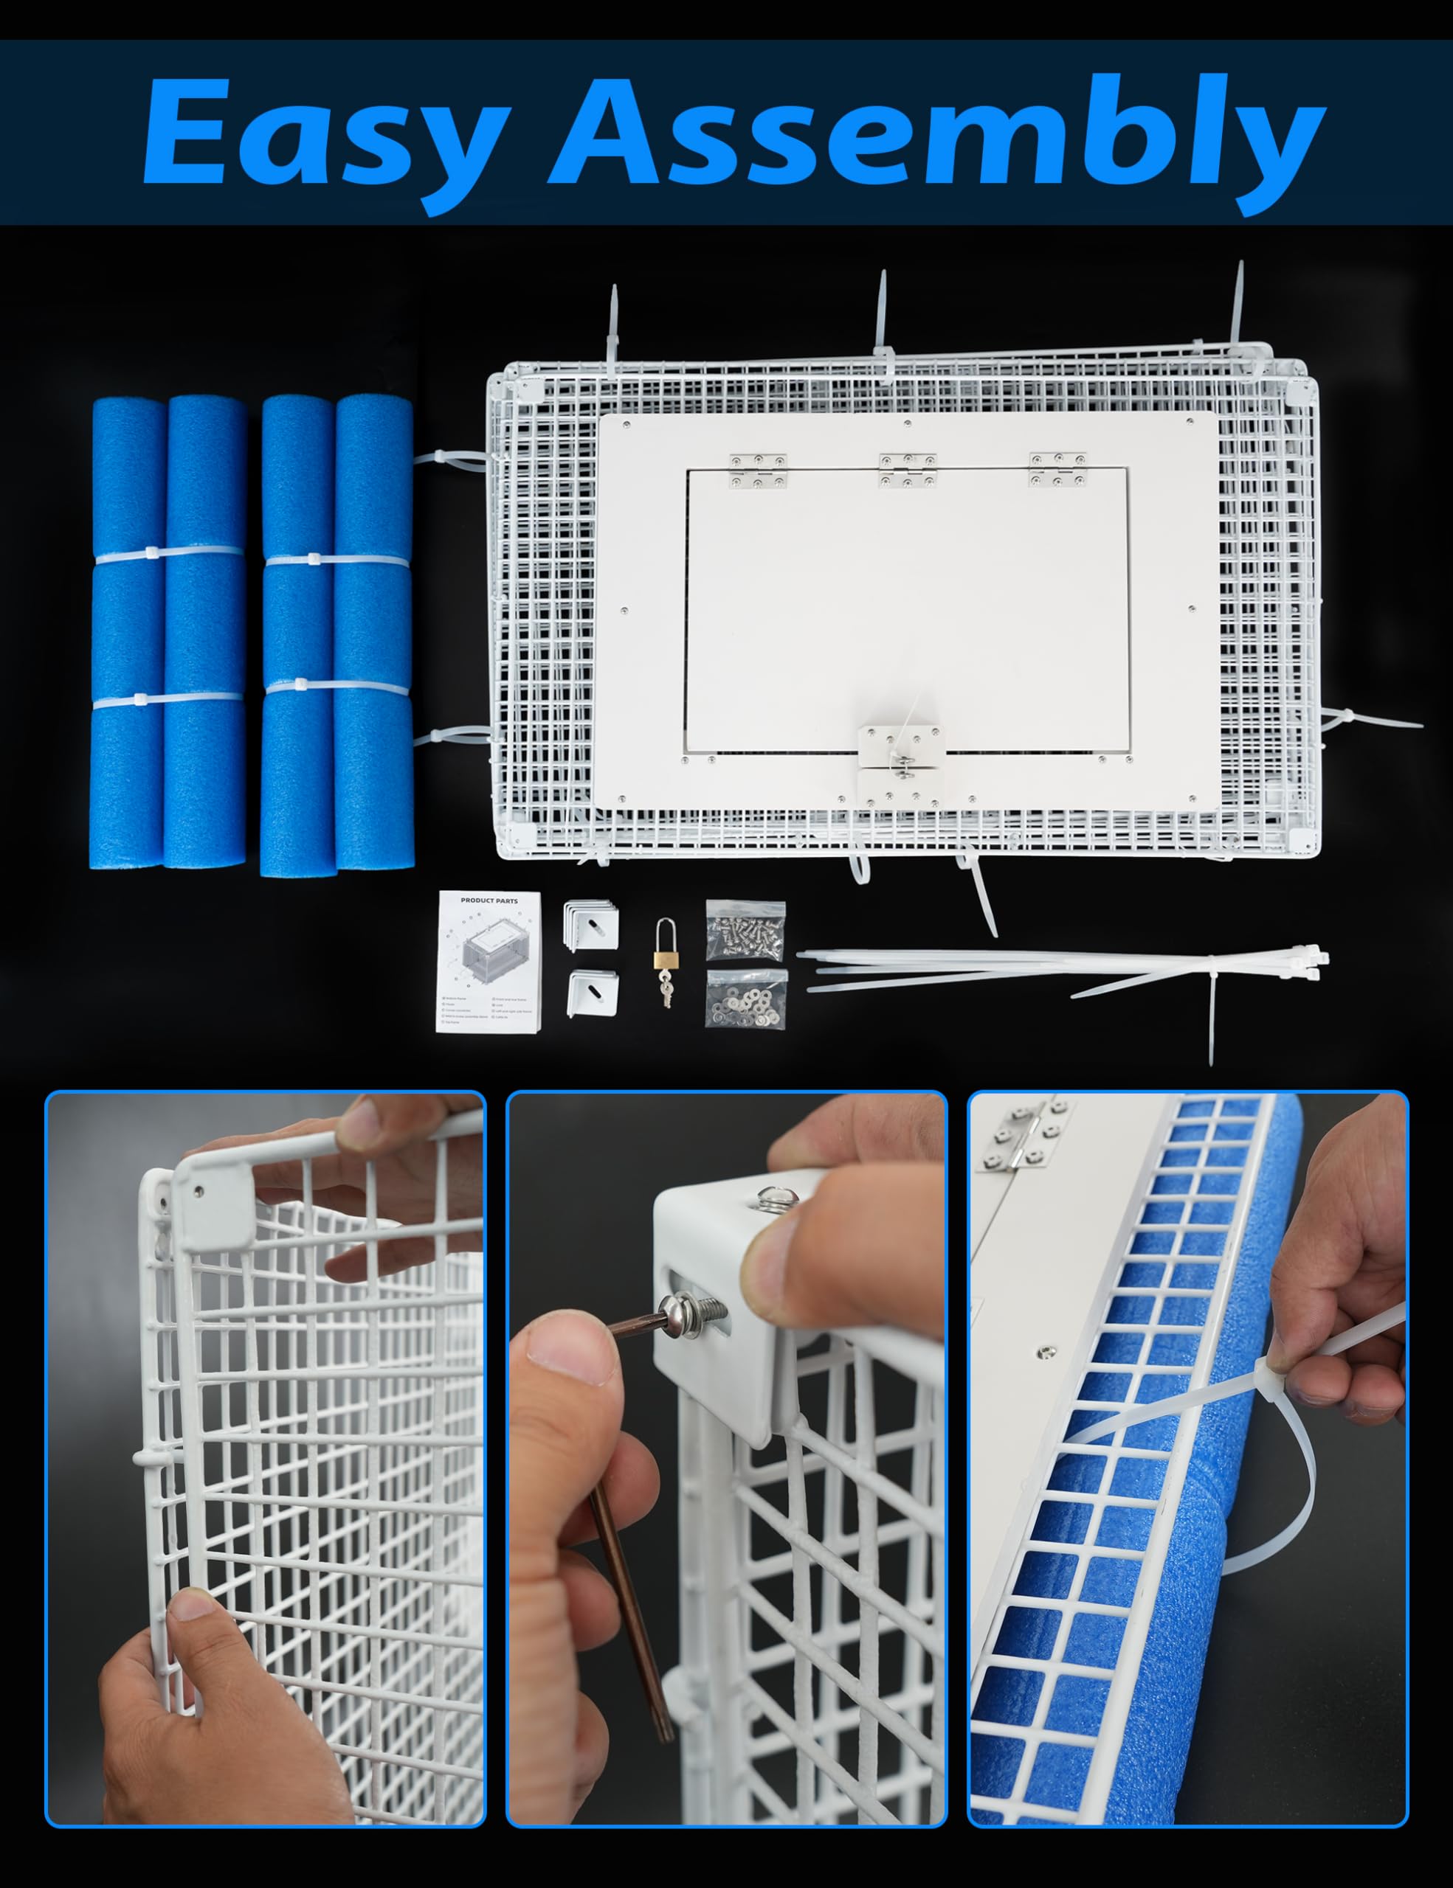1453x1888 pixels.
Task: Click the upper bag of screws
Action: point(745,930)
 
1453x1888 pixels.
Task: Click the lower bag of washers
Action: point(745,999)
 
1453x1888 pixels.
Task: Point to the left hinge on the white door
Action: point(758,471)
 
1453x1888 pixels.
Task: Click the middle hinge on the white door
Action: point(907,471)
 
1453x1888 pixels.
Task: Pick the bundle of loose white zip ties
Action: point(1064,965)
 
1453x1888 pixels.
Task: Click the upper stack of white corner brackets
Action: point(592,926)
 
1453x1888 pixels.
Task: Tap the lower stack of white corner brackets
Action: point(593,993)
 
